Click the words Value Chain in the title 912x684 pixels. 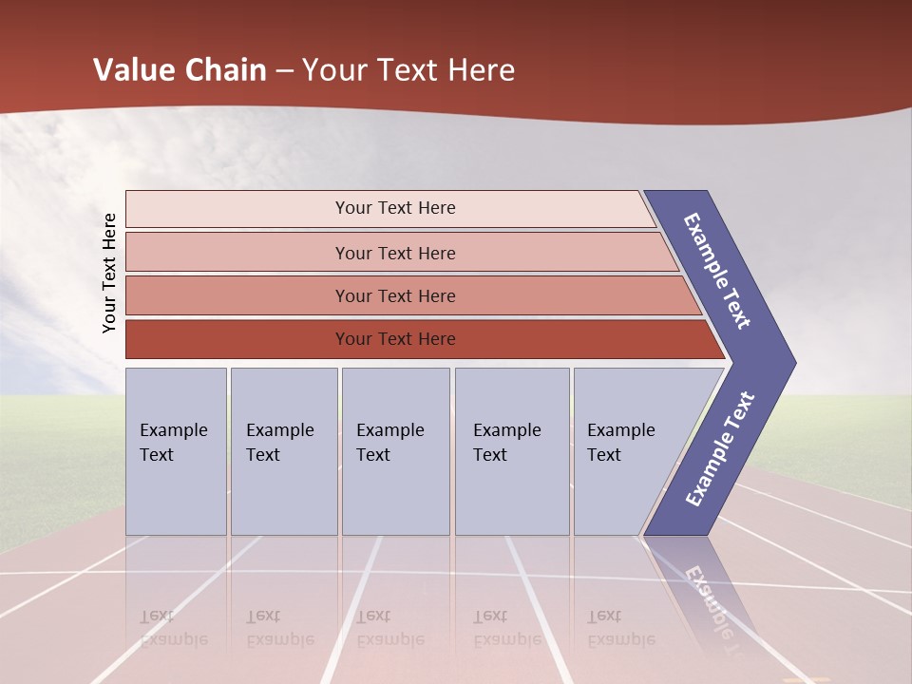(x=180, y=70)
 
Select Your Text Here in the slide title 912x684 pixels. (x=408, y=70)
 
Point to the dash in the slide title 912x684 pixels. (x=284, y=70)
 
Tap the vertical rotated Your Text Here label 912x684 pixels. (x=109, y=273)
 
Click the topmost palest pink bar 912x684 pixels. (x=394, y=208)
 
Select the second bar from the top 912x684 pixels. (x=394, y=253)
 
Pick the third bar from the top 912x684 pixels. (x=394, y=295)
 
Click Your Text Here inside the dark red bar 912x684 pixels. (x=394, y=339)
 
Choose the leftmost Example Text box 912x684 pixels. (x=176, y=451)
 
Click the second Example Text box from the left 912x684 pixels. (x=284, y=451)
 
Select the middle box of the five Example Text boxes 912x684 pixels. (x=395, y=451)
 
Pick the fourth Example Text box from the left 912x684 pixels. (x=513, y=451)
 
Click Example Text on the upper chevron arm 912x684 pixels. (x=717, y=271)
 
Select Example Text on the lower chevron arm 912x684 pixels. (x=719, y=449)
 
